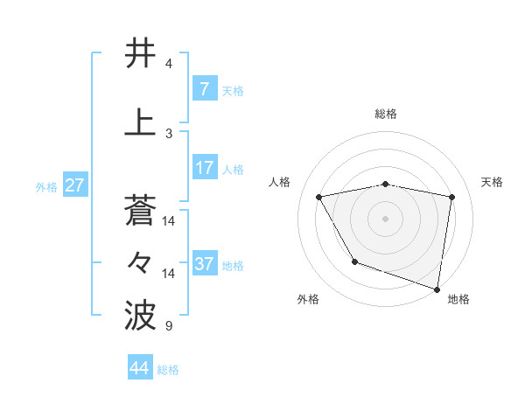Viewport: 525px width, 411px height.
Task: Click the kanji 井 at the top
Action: click(x=140, y=53)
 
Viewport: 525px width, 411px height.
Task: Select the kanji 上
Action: click(x=140, y=122)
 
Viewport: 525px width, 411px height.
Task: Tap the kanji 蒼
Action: click(x=140, y=210)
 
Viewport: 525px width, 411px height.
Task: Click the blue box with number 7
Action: click(x=204, y=90)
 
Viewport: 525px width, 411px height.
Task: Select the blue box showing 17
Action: click(x=204, y=168)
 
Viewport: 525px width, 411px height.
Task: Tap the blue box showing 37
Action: click(x=204, y=264)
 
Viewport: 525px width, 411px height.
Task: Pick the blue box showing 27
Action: click(x=74, y=185)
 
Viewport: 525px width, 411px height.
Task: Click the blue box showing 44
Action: click(x=140, y=368)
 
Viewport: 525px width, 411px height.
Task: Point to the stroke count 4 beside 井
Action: click(x=169, y=64)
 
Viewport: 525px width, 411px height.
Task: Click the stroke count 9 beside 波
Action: click(x=168, y=326)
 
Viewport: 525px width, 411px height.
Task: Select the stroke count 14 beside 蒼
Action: click(x=170, y=221)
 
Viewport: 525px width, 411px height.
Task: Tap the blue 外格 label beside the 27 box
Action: click(x=45, y=187)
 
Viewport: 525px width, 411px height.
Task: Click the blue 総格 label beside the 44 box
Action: click(x=168, y=370)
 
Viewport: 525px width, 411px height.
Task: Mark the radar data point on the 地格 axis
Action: click(x=437, y=289)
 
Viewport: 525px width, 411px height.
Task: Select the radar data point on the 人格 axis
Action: click(x=319, y=198)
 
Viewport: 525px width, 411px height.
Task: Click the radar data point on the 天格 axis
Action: click(x=452, y=198)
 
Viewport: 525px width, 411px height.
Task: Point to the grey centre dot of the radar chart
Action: click(x=385, y=219)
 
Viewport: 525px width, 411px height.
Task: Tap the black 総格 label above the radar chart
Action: click(x=386, y=114)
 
